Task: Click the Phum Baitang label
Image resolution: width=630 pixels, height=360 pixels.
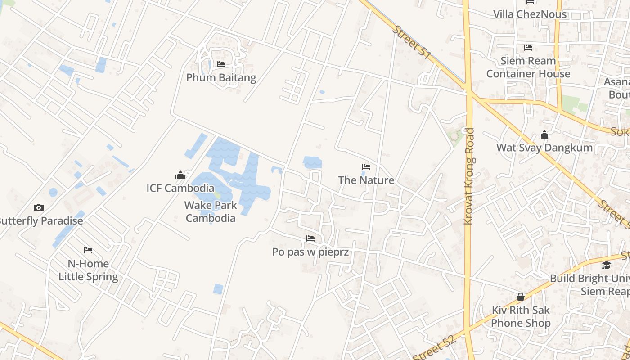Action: (221, 77)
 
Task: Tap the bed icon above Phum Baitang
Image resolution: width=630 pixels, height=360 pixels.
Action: (220, 64)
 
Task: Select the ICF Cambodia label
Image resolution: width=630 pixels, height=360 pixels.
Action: (180, 188)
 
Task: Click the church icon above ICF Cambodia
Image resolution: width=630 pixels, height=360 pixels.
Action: (180, 175)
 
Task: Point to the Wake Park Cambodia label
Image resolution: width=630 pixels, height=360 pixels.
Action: (210, 212)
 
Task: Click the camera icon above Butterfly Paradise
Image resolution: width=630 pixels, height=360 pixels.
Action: (39, 207)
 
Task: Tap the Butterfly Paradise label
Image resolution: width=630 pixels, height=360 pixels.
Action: (41, 221)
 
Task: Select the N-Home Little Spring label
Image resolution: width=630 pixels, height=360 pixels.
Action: (88, 270)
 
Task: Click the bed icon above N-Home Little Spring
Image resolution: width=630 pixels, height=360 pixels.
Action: (88, 250)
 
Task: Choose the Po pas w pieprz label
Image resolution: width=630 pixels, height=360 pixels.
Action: (310, 252)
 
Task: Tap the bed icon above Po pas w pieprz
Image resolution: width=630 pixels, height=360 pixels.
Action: (310, 238)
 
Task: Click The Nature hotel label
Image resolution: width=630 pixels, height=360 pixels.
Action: (366, 180)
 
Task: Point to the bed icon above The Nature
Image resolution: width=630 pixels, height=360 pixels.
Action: (366, 167)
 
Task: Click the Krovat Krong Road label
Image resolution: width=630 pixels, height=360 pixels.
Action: (469, 176)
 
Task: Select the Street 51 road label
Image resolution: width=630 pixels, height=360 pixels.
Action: (411, 42)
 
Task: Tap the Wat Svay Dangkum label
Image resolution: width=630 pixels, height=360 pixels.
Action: (544, 148)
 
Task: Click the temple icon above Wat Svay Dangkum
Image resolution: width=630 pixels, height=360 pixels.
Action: (544, 135)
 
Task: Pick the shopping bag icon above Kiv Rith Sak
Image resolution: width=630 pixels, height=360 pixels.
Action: (521, 297)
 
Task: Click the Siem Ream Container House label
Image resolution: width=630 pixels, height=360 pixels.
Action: (528, 67)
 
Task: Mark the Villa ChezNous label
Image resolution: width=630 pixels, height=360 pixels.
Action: (530, 14)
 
